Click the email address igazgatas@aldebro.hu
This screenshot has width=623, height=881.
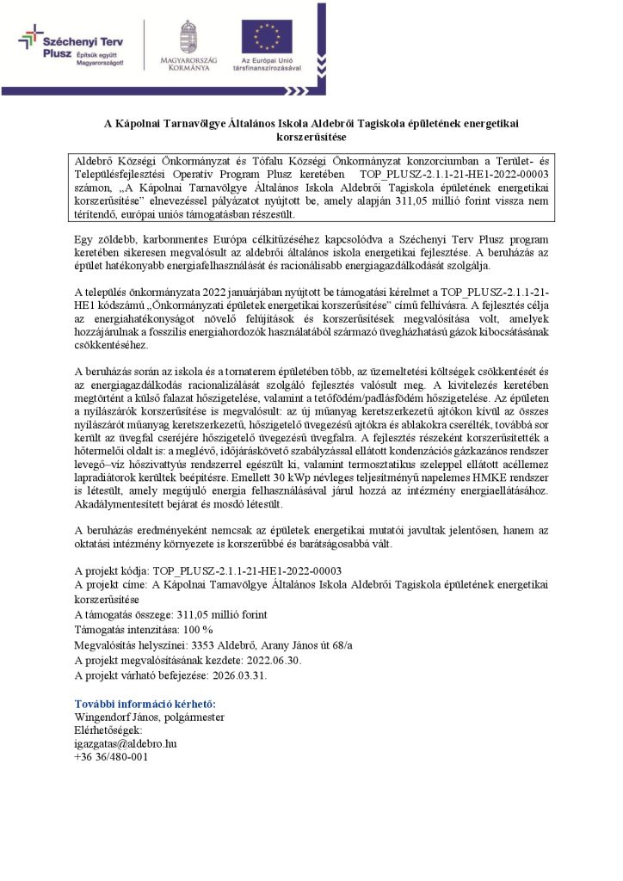point(126,742)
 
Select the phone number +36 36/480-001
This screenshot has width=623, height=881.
point(112,756)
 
